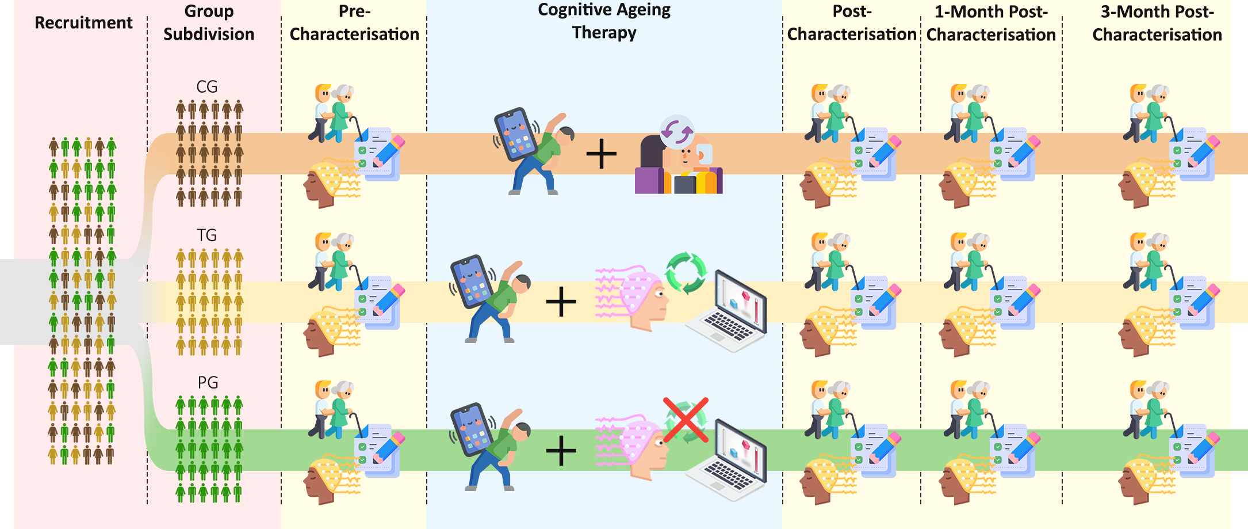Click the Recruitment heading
pos(83,23)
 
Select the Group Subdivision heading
pos(209,23)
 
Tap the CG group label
pos(207,87)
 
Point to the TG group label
pos(207,235)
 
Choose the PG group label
pos(208,383)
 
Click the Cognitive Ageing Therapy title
pos(604,21)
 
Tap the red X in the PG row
pos(685,420)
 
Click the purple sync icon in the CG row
pos(677,132)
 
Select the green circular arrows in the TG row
pos(686,273)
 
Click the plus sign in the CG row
pos(601,154)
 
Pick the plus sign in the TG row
pos(561,302)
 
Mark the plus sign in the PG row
pos(561,450)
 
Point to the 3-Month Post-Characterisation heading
pos(1157,23)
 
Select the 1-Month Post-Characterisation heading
pos(991,23)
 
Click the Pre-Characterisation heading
pos(354,23)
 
